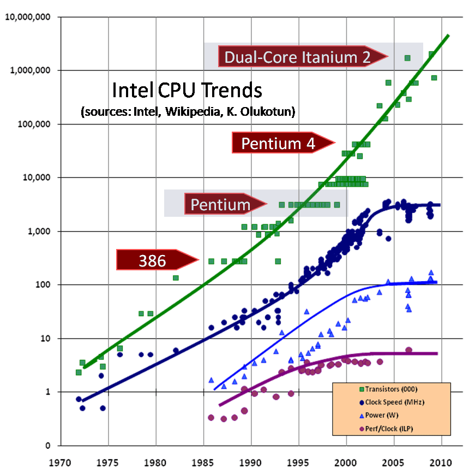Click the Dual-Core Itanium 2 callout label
click(x=297, y=56)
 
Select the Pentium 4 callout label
click(x=278, y=144)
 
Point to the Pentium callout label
click(x=220, y=205)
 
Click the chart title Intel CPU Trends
click(x=187, y=90)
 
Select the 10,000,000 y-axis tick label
click(x=28, y=17)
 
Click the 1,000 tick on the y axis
click(x=40, y=232)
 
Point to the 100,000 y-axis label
click(x=34, y=124)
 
